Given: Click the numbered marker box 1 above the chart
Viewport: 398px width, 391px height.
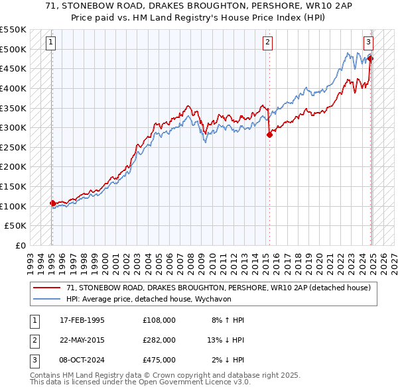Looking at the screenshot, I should [51, 42].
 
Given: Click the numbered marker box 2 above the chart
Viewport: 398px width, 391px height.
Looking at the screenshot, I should [267, 42].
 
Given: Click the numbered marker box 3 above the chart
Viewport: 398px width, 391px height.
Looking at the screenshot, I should [368, 42].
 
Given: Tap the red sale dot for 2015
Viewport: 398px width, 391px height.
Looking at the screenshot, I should [269, 135].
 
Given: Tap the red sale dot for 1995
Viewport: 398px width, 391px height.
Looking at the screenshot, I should [52, 203].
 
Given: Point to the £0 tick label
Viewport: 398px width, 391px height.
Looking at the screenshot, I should [20, 246].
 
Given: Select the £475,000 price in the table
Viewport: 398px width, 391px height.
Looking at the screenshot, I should [159, 360].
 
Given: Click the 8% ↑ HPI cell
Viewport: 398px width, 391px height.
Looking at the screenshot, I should [228, 320].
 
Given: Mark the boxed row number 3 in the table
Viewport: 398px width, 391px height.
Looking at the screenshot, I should [33, 360].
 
